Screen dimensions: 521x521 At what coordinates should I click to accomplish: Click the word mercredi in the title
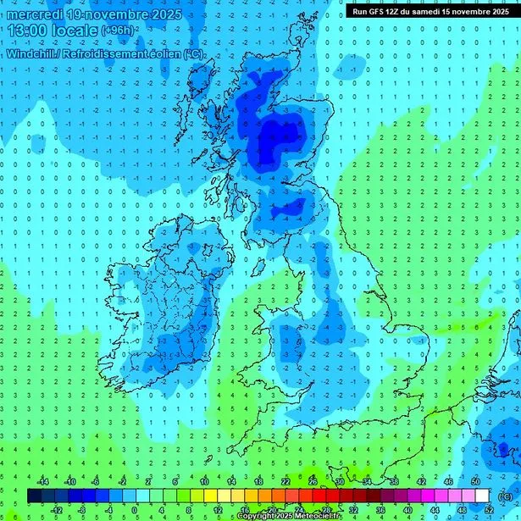(34, 14)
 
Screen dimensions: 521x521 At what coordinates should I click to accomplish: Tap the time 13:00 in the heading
(27, 30)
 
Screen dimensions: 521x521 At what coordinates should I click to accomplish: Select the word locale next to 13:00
(75, 30)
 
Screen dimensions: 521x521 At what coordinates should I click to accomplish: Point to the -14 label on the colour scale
(43, 482)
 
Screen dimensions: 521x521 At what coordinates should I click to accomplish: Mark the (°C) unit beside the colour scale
(505, 495)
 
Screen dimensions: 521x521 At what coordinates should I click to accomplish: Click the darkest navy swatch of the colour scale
(35, 496)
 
